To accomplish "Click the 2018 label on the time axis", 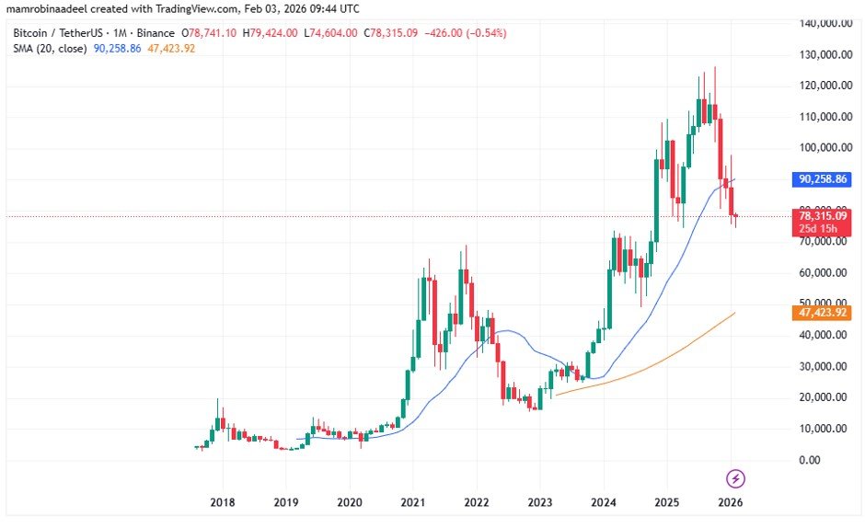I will pos(222,502).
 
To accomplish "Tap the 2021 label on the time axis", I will pos(412,502).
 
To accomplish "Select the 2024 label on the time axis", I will pos(603,502).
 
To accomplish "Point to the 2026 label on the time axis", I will pos(730,502).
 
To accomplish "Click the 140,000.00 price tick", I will pos(821,23).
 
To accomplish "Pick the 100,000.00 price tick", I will pos(821,147).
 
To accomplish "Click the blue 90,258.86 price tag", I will pos(821,178).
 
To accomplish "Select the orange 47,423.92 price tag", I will pos(821,313).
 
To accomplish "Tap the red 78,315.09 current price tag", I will pos(821,214).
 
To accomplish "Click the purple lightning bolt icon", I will pos(736,478).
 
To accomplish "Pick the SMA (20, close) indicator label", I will pos(50,48).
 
